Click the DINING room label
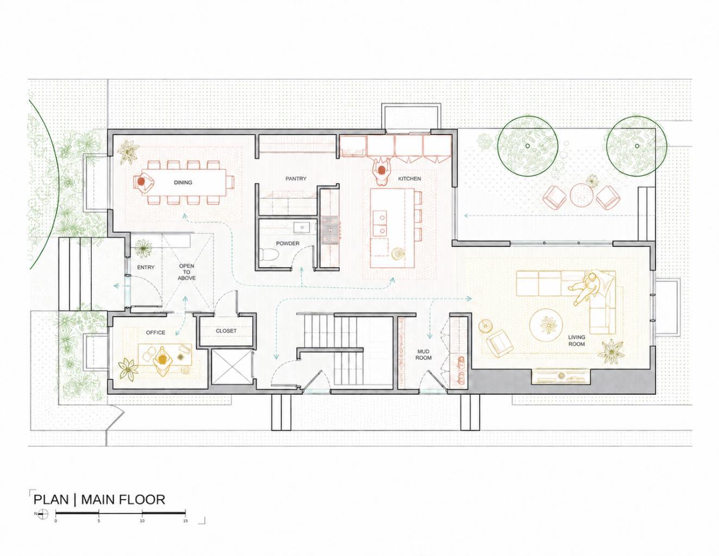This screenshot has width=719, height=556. click(x=183, y=182)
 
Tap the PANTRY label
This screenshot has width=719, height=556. click(x=296, y=179)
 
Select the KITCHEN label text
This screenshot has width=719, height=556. click(x=409, y=179)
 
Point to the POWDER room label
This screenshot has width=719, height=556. click(x=287, y=243)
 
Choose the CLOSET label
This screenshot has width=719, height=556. click(x=226, y=331)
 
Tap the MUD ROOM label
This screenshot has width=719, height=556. click(x=423, y=355)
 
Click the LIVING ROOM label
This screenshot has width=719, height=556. click(x=577, y=340)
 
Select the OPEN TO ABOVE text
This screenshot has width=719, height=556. click(x=186, y=271)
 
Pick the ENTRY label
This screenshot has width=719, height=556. click(x=146, y=267)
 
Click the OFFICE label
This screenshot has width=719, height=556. click(x=155, y=332)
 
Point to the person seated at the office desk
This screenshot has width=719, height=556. click(x=162, y=361)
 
